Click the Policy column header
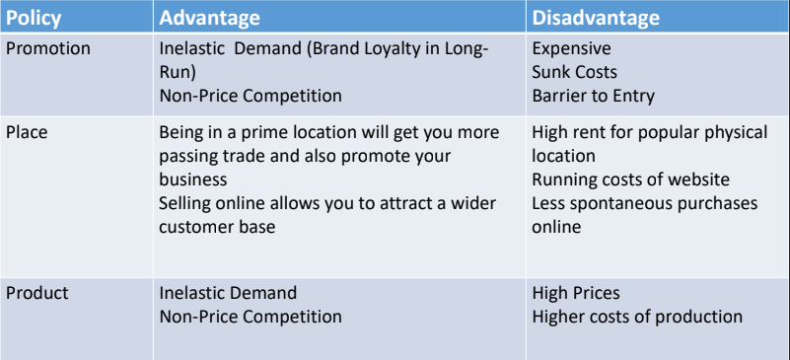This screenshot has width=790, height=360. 34,18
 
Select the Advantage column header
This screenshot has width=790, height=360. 210,18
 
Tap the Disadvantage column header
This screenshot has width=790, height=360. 596,18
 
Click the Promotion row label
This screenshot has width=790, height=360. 48,48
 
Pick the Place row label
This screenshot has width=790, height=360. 27,132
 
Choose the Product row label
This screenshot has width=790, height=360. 37,293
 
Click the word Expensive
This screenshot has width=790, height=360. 572,48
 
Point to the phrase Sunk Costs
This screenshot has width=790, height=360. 575,72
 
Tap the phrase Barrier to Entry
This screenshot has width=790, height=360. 594,96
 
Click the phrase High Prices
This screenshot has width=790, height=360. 576,293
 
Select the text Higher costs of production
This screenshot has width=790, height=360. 637,317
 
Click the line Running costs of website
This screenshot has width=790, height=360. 631,180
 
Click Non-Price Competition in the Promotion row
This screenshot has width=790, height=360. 251,96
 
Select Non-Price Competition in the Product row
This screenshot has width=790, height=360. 251,317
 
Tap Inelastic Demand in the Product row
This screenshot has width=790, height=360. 228,293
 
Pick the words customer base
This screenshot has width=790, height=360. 217,227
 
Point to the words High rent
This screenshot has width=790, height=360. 570,132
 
